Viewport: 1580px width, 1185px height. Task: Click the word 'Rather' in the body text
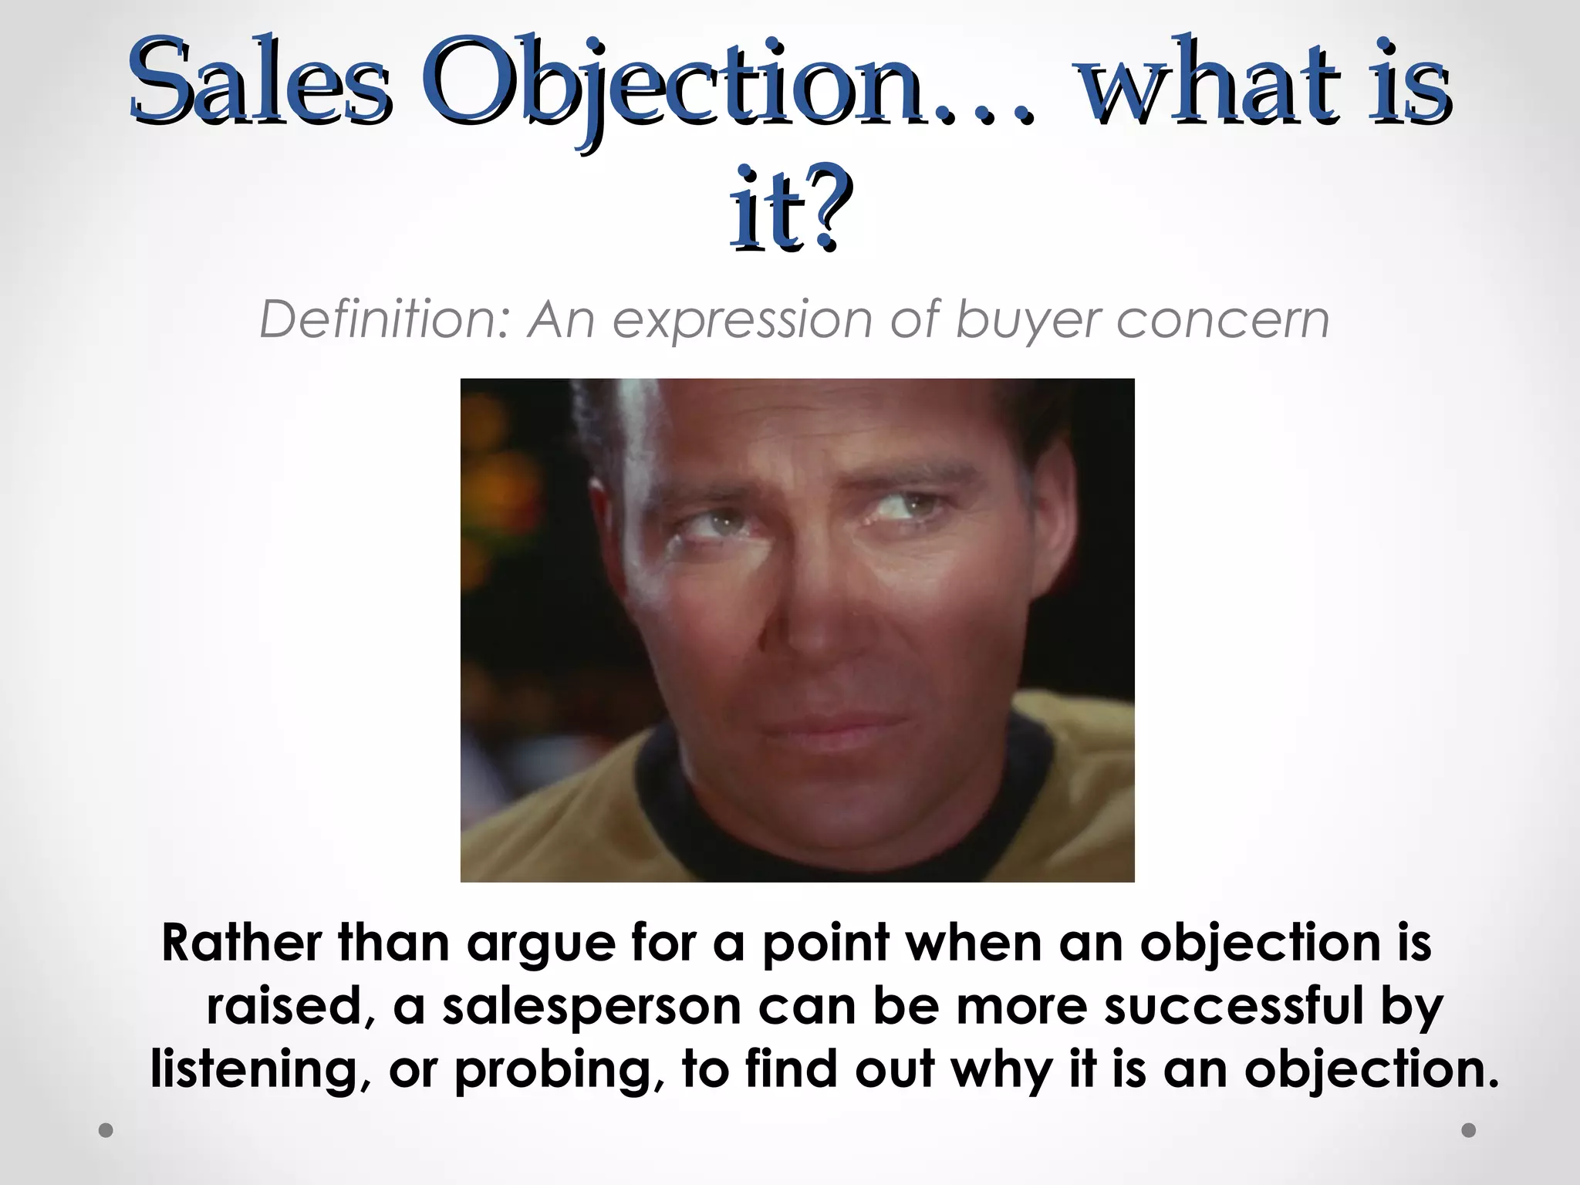coord(241,943)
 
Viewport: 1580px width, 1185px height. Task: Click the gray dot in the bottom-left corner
coord(106,1130)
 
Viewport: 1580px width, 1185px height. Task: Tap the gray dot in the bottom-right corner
coord(1469,1130)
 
